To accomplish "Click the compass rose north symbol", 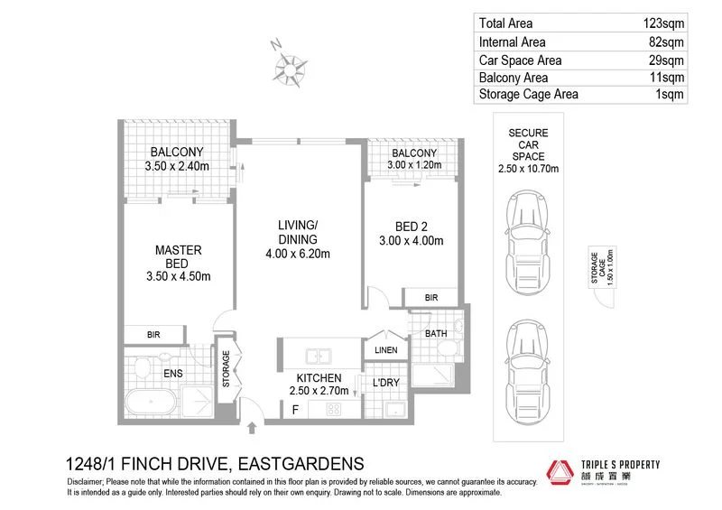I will [x=290, y=66].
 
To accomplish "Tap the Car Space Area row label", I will [x=520, y=60].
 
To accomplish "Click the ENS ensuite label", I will [x=172, y=371].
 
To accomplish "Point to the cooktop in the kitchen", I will [x=331, y=409].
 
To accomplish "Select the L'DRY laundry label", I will [x=386, y=383].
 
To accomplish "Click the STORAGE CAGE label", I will [x=597, y=269].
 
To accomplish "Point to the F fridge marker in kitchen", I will [x=294, y=409].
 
